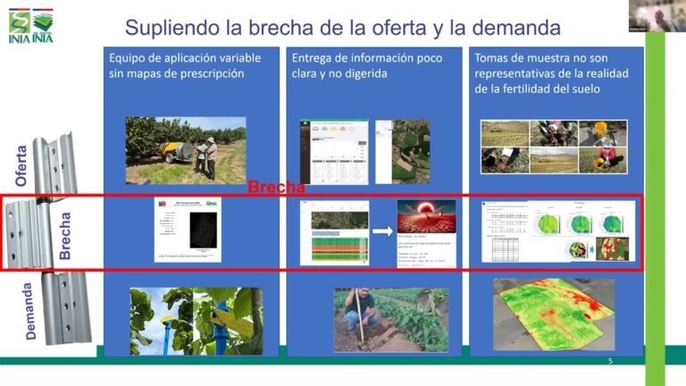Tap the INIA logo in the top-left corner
click(29, 26)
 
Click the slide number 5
click(610, 361)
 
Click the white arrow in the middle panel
click(382, 232)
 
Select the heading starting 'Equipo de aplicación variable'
click(185, 65)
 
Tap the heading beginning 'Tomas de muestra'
click(549, 73)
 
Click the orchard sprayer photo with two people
click(185, 149)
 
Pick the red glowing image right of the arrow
click(426, 220)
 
